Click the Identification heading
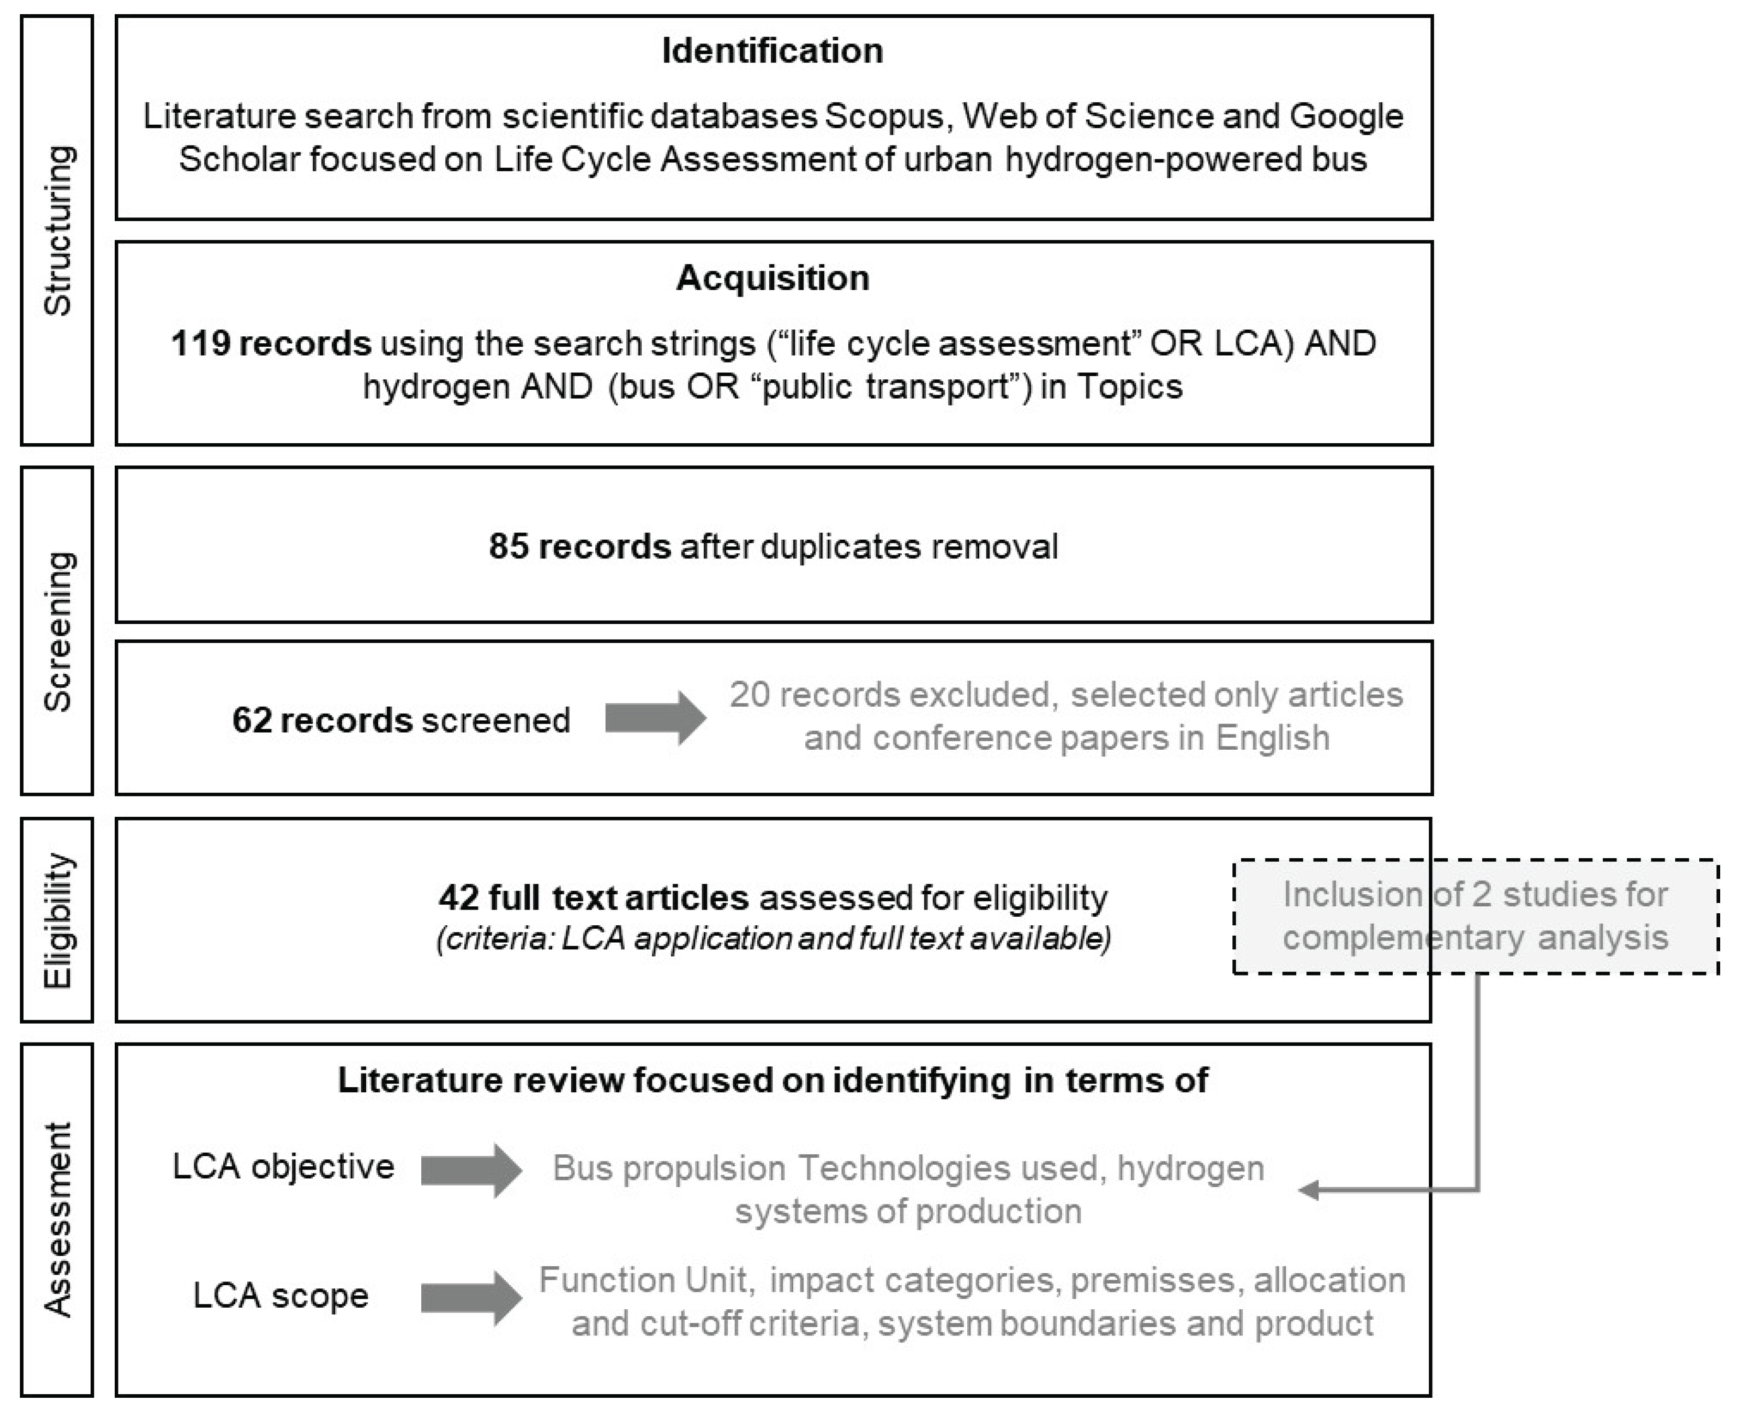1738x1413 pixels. coord(772,50)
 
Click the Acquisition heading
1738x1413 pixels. coord(772,278)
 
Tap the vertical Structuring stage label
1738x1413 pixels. coord(58,231)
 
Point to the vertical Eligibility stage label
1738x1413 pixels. coord(58,921)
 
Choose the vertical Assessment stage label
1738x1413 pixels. coord(58,1219)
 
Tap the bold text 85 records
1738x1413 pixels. coord(580,546)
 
